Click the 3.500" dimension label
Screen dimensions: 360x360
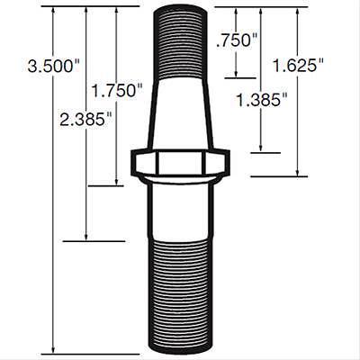click(54, 66)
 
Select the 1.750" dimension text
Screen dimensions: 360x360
click(117, 90)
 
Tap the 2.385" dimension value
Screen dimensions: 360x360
click(86, 119)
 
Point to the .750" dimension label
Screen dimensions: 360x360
click(237, 40)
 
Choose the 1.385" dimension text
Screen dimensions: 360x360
click(262, 100)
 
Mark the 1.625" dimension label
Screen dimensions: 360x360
click(298, 65)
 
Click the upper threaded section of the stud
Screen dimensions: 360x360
click(180, 43)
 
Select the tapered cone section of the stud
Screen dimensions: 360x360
click(180, 114)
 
